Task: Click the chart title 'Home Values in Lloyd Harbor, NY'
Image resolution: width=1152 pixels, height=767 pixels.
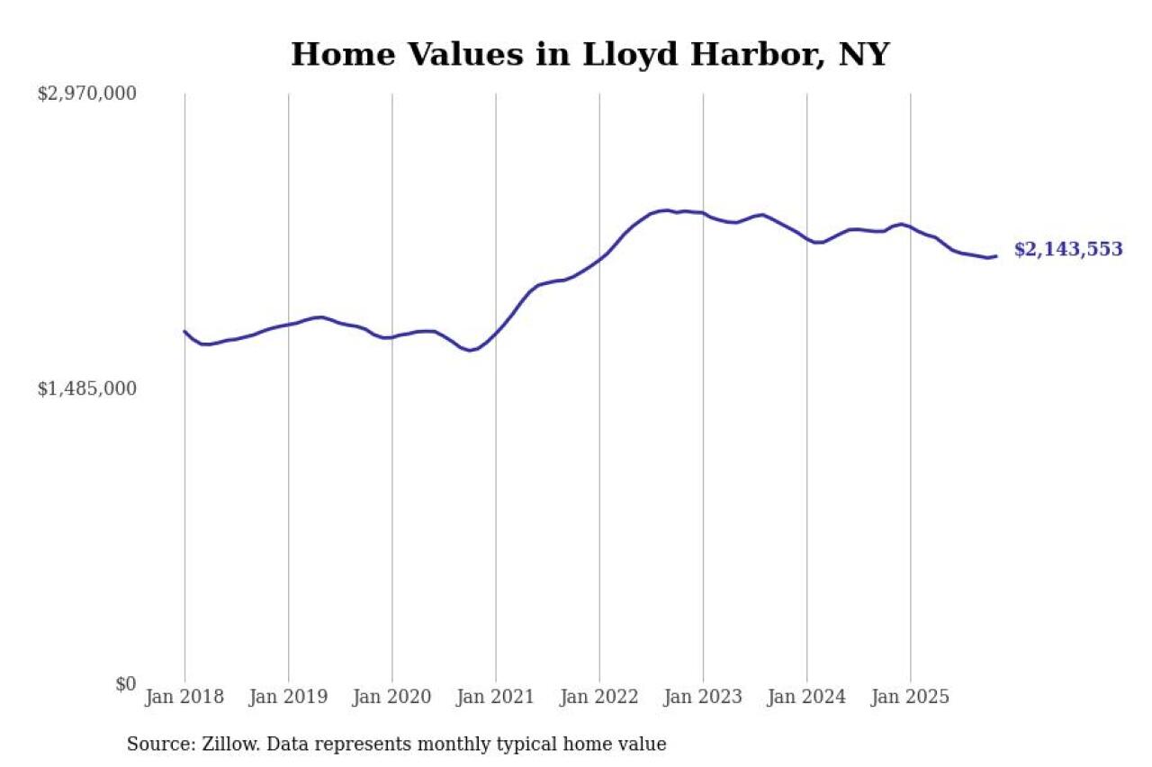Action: pos(589,55)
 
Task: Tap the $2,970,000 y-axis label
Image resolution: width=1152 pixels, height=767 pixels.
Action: pos(86,94)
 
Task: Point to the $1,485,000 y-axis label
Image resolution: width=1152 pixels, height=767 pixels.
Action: pos(86,388)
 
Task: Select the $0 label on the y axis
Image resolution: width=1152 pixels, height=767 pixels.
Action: pos(125,684)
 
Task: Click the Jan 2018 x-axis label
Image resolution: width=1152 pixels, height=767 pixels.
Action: pos(184,698)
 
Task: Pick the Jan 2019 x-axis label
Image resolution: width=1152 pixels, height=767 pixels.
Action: pos(288,698)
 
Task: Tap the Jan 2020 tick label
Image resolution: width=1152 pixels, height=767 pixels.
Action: pos(391,698)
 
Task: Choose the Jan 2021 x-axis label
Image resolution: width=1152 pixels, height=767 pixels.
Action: pos(495,698)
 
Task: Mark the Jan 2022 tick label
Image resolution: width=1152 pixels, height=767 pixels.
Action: pos(598,698)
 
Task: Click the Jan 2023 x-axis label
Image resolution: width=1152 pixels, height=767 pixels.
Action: pos(703,698)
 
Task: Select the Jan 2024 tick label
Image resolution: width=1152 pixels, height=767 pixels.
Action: pos(806,698)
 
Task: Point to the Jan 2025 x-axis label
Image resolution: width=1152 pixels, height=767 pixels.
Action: pos(910,698)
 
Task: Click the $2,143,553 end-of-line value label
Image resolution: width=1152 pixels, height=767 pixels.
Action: pos(1068,250)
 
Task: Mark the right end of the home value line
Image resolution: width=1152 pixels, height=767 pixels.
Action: pos(996,256)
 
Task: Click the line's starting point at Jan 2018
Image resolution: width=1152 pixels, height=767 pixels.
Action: pos(184,332)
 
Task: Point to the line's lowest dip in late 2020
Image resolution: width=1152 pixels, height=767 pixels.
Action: pos(470,350)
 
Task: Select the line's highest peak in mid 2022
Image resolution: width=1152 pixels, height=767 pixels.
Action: pos(665,210)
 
